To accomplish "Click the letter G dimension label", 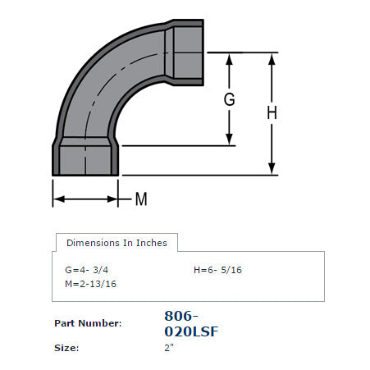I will click(x=230, y=100).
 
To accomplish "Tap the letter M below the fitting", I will click(x=140, y=199).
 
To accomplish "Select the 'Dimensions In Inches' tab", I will click(x=116, y=243).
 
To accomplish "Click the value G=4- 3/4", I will click(x=88, y=270).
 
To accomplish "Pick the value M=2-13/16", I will click(x=89, y=284).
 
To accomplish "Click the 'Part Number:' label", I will click(x=88, y=323).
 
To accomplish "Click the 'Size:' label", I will click(x=66, y=348).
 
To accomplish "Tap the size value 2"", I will click(x=170, y=348).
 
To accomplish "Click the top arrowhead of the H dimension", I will click(x=272, y=58).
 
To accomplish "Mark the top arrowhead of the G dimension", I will click(x=230, y=58).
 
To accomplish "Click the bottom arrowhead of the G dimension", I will click(x=230, y=140).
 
